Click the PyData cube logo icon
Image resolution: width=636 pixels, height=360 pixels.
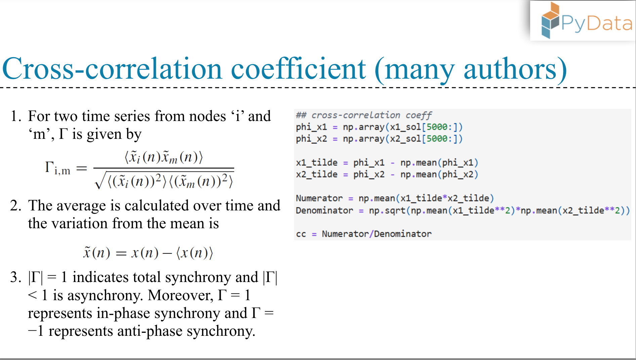pos(550,21)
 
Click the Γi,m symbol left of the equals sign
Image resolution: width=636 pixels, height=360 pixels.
pos(57,168)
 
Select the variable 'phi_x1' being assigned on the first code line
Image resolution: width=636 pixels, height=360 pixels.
pos(311,127)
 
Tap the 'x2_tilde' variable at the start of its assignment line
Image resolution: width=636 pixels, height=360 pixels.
pos(316,174)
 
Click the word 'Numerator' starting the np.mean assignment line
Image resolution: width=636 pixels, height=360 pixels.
pos(319,198)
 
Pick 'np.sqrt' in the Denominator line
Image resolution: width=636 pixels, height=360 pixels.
pos(387,210)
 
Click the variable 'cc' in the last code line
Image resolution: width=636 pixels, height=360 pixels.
pos(301,234)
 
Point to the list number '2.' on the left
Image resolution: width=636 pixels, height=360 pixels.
pos(15,206)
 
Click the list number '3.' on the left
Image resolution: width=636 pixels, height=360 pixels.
pos(15,277)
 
